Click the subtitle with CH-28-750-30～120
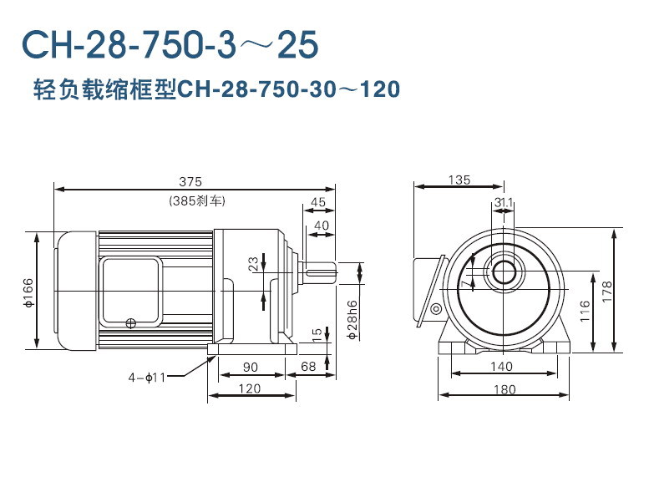coord(215,89)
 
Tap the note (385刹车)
coord(196,201)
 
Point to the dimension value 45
coord(318,202)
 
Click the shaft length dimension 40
coord(322,226)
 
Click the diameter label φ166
coord(28,291)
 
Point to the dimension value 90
coord(249,367)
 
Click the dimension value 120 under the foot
coord(249,388)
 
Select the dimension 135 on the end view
coord(459,180)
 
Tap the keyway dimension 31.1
coord(503,202)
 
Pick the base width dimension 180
coord(504,388)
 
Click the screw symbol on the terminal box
coord(130,323)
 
